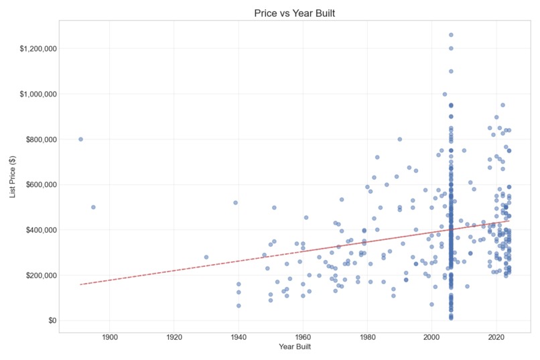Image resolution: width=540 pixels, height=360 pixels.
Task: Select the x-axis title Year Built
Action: [294, 347]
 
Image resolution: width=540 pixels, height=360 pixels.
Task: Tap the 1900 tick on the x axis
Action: [110, 337]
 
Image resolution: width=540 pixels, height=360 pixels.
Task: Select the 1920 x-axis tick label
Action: [174, 337]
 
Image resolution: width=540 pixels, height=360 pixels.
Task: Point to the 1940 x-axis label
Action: [239, 337]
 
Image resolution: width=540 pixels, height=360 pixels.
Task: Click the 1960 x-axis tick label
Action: [303, 337]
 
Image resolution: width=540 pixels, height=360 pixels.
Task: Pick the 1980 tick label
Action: [367, 337]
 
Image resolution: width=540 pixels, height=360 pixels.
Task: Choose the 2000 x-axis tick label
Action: [431, 337]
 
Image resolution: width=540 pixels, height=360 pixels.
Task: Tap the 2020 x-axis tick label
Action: [496, 337]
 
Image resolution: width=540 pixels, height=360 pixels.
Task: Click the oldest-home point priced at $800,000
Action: [81, 139]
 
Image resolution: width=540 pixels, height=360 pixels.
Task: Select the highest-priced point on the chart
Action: [451, 35]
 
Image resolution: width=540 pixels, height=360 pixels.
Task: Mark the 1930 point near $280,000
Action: [206, 257]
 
